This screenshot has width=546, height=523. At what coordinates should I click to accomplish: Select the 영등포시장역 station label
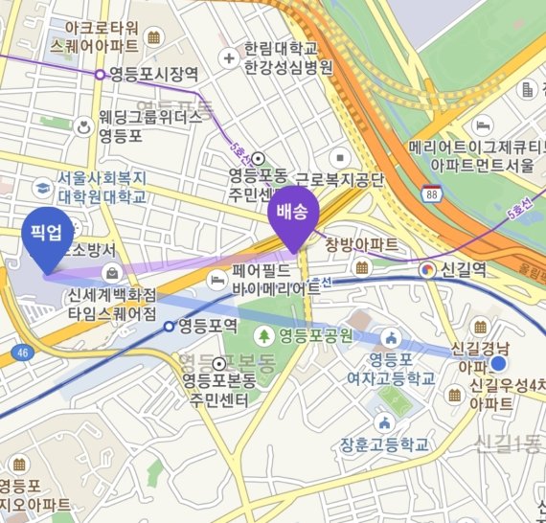(153, 73)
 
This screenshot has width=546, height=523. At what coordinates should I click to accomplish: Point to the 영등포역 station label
(207, 326)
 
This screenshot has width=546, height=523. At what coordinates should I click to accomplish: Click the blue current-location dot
(498, 365)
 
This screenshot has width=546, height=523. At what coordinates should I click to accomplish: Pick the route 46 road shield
(19, 353)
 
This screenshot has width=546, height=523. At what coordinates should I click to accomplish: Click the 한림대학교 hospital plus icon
(229, 58)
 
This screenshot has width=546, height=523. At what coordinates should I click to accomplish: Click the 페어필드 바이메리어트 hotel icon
(218, 278)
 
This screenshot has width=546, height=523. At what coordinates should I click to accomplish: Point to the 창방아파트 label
(361, 244)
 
